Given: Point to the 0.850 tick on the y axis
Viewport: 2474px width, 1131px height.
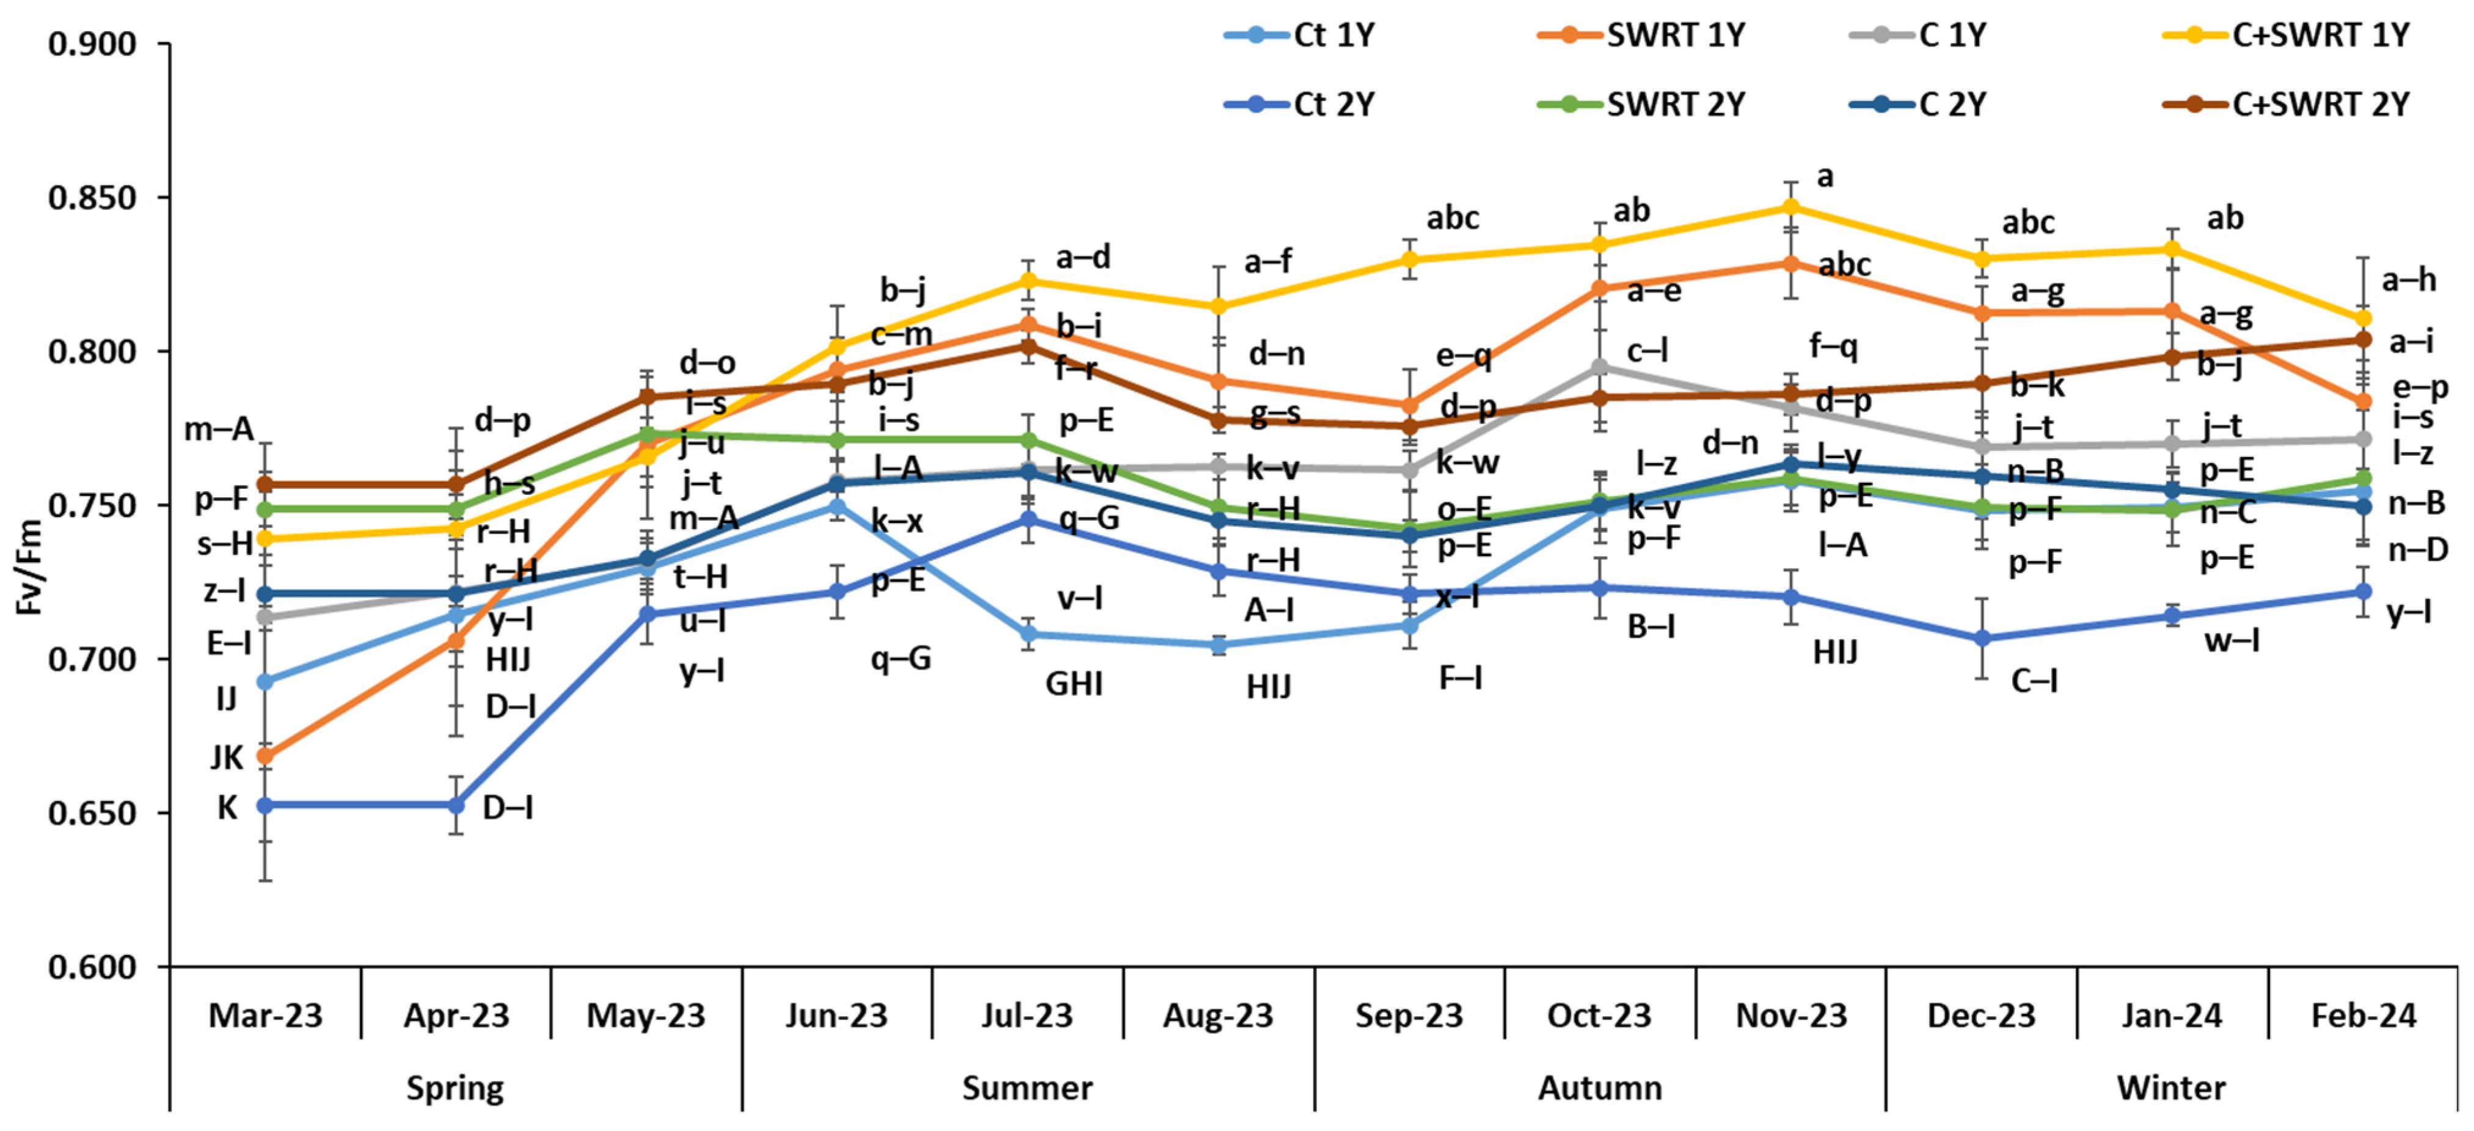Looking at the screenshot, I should point(93,198).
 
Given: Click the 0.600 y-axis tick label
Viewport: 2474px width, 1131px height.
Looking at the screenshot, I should point(93,967).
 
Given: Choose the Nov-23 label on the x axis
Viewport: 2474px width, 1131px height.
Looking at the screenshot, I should point(1791,1016).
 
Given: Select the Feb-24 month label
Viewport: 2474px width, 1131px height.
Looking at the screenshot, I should point(2363,1016).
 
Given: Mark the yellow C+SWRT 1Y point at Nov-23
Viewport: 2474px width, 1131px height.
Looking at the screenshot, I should point(1791,207).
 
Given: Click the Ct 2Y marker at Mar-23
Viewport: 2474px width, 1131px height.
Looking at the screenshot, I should point(265,804).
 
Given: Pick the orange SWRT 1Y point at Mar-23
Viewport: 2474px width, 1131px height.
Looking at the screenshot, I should point(265,756).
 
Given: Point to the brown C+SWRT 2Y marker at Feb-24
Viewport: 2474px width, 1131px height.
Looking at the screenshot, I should point(2363,339).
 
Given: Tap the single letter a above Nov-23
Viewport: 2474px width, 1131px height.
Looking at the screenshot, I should point(1825,177).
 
